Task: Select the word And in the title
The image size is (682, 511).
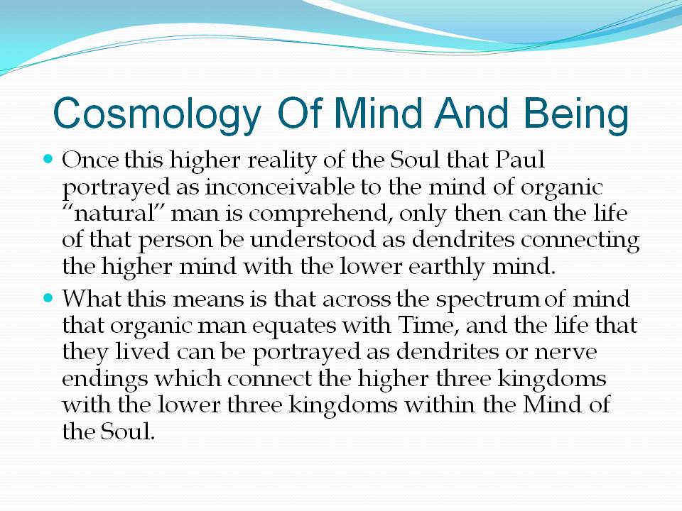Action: (x=472, y=113)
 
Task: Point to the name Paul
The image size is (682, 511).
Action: (x=520, y=160)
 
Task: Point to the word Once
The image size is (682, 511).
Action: (x=90, y=160)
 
